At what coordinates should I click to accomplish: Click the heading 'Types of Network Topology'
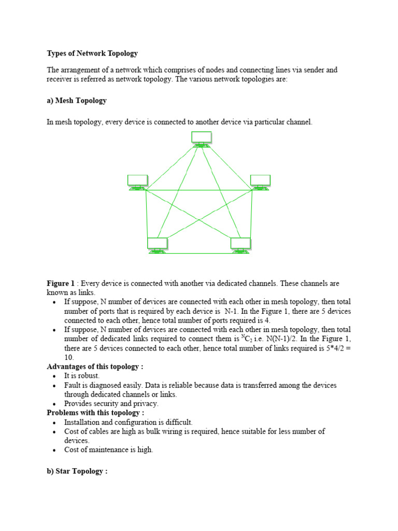(92, 53)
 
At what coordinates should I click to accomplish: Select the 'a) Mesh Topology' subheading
(77, 101)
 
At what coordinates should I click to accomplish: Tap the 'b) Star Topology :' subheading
(77, 472)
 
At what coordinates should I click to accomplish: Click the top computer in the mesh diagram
(201, 138)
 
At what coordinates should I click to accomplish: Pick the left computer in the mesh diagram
(137, 182)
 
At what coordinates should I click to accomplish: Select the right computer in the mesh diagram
(260, 182)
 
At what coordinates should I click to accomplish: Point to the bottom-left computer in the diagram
(157, 245)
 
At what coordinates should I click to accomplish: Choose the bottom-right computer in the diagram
(240, 245)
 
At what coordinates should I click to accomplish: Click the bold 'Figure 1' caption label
(61, 284)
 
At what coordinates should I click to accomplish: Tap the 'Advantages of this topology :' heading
(95, 367)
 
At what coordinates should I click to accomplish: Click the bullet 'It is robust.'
(82, 376)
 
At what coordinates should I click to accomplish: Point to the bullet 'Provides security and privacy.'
(111, 403)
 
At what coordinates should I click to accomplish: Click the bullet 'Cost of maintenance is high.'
(109, 450)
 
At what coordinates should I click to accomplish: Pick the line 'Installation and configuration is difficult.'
(128, 422)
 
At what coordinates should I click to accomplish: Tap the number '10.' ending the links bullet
(69, 357)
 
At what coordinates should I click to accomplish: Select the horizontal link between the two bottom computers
(199, 253)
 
